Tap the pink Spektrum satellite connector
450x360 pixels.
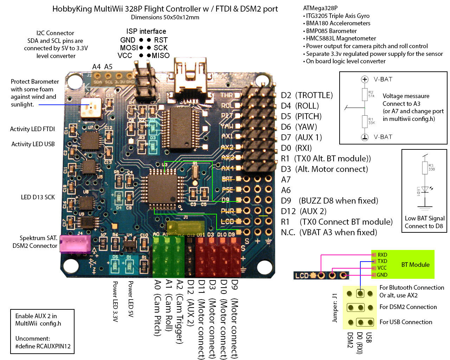tap(75, 244)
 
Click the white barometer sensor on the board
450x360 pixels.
tap(91, 107)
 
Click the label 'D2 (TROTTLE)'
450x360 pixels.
tap(307, 95)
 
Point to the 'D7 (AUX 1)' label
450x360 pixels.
tap(301, 137)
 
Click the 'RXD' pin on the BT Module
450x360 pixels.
tap(382, 255)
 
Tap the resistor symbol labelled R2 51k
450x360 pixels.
tap(365, 94)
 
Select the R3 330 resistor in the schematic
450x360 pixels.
tap(425, 167)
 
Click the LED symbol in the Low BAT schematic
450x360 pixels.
tap(425, 189)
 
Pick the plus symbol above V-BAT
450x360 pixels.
tap(365, 79)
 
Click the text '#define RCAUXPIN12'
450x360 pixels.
tap(43, 346)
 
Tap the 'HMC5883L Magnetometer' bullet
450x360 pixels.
tap(340, 38)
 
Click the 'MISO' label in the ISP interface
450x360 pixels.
tap(160, 56)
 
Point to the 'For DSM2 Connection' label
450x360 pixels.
tap(408, 307)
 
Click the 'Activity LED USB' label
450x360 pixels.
tap(33, 144)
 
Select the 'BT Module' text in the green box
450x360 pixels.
tap(415, 265)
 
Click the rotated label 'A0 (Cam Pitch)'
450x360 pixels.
tap(157, 308)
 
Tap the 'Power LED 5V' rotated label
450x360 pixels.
tap(130, 299)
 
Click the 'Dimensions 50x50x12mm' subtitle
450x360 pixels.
tap(165, 17)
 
